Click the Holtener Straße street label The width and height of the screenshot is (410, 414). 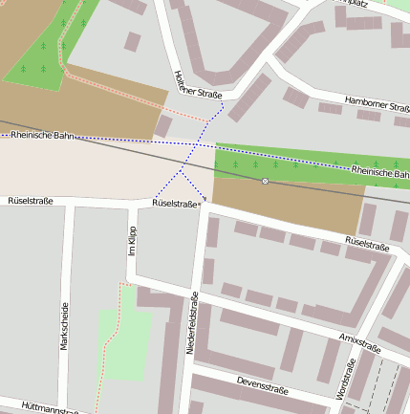coord(198,88)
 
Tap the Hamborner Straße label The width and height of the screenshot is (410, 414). coord(376,108)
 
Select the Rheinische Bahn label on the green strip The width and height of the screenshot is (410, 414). coord(379,173)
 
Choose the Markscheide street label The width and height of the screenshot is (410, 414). coord(65,326)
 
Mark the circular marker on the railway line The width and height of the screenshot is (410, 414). coord(266,181)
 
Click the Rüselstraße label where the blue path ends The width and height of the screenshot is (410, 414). coord(175,204)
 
